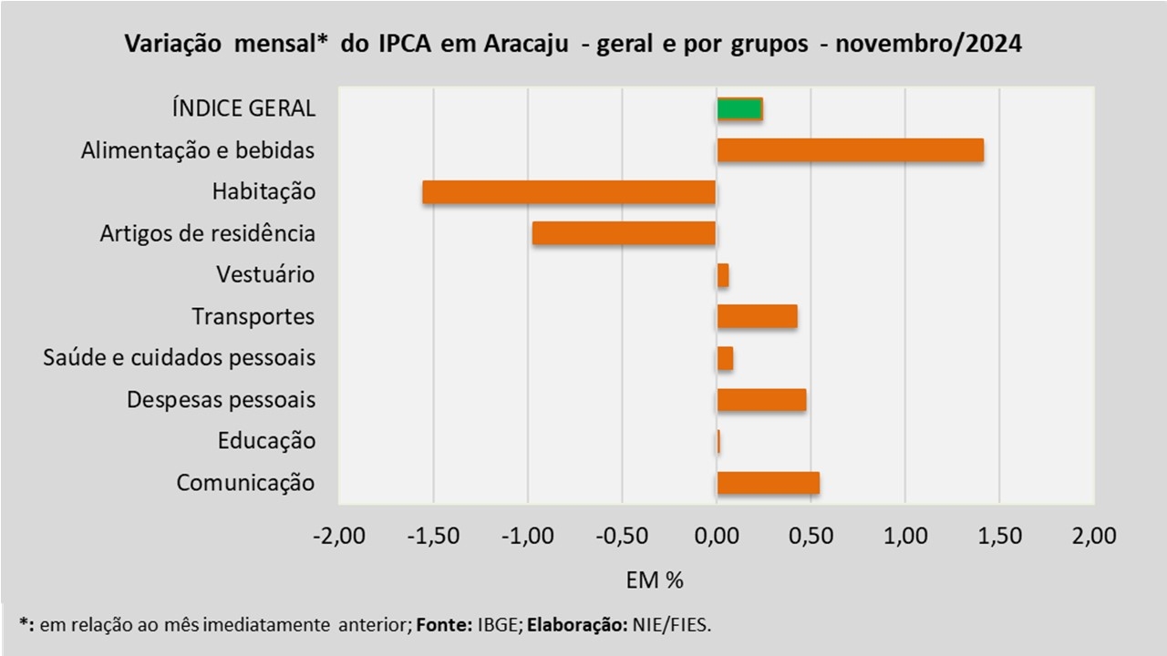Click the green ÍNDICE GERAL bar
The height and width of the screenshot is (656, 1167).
[739, 108]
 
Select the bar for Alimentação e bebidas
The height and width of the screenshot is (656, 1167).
[850, 150]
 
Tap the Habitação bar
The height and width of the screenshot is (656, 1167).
[569, 192]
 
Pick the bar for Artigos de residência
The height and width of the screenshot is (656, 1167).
[624, 233]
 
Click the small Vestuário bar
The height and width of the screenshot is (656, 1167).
[723, 275]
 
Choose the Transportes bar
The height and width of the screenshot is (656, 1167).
[757, 316]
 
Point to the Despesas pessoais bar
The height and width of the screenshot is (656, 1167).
[761, 400]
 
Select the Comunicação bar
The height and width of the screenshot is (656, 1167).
[768, 483]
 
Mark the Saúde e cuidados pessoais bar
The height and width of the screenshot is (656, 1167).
[725, 358]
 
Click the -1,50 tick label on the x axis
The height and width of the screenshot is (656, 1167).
[432, 536]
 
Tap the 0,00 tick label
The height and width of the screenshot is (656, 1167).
[717, 536]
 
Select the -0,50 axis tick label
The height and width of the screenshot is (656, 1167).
[622, 536]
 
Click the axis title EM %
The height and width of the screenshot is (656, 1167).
[655, 579]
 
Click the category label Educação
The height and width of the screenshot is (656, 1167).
[266, 442]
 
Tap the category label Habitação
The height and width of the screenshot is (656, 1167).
[263, 192]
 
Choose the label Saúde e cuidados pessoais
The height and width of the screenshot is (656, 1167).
[180, 358]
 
